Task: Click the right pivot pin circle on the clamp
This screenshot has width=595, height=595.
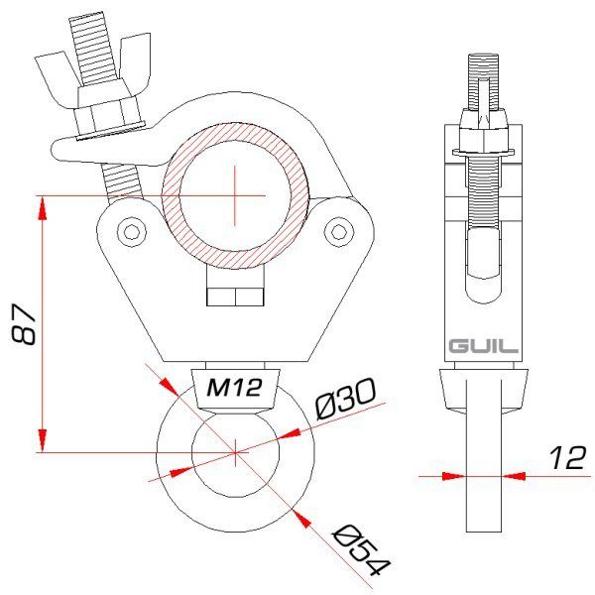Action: (x=343, y=232)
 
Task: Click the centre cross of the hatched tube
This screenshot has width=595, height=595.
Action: (x=235, y=194)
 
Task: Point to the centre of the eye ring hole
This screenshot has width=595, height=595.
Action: (x=235, y=452)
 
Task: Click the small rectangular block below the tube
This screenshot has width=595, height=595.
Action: (x=235, y=296)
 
